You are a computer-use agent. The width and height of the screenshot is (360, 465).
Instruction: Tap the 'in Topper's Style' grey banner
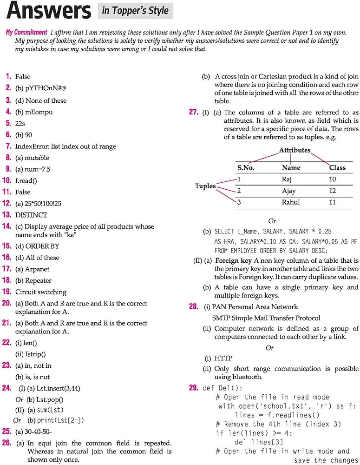135,10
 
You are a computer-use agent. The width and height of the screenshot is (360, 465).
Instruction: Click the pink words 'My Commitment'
26,33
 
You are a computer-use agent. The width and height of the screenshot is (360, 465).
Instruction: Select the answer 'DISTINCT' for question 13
31,215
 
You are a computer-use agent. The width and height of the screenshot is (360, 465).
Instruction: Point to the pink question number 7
8,146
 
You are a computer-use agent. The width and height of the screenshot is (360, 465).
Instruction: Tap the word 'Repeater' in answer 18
39,280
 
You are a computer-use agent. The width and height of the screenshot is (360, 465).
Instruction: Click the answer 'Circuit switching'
41,292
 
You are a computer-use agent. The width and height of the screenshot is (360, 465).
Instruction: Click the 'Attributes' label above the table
295,151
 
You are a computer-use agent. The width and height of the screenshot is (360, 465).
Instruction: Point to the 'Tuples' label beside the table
205,186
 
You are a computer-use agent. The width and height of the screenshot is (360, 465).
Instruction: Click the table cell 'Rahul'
291,202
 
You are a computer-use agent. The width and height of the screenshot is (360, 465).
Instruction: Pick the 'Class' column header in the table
337,167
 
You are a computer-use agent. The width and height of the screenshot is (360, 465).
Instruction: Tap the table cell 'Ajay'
288,191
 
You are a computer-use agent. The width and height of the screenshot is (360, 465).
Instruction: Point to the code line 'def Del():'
223,388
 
